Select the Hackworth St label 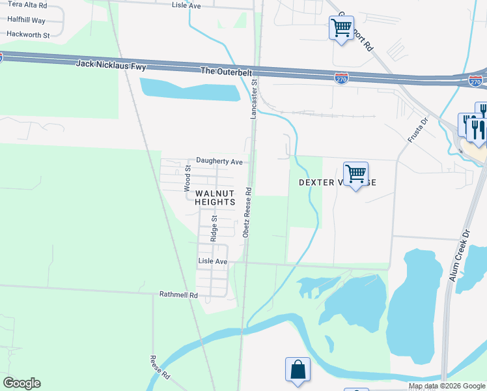28,34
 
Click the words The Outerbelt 226,70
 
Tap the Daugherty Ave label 219,161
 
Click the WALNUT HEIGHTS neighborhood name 214,197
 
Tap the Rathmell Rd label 178,295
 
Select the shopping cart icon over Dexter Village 355,174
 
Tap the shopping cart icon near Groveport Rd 341,28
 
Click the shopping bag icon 298,369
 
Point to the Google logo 21,383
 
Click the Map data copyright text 447,386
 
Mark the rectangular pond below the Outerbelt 189,89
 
